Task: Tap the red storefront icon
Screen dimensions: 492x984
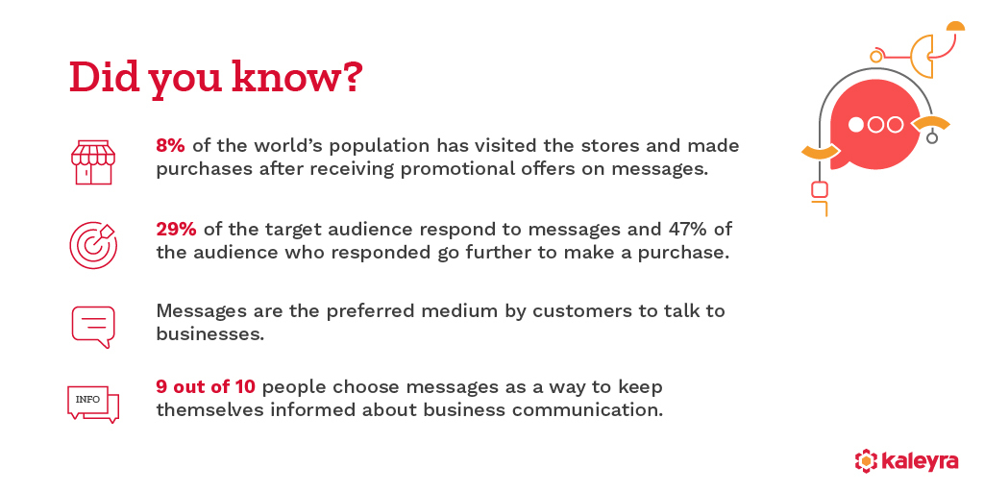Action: (x=93, y=160)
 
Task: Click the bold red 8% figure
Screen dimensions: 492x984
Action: (x=171, y=146)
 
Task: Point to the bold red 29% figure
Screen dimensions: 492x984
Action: (x=177, y=230)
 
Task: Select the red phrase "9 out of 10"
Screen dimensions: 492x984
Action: (x=206, y=386)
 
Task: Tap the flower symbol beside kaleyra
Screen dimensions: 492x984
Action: (x=866, y=461)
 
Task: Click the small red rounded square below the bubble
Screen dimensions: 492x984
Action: (x=819, y=189)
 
